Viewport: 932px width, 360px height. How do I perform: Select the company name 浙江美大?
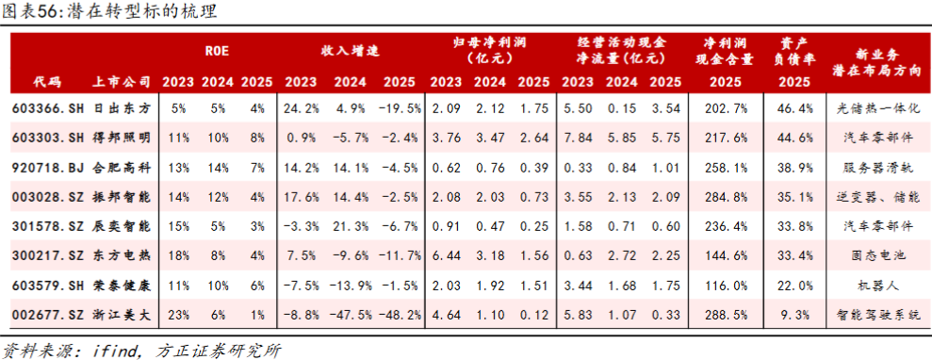coord(123,315)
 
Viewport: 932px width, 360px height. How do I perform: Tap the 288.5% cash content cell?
coord(724,315)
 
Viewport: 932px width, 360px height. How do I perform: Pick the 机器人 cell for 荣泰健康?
coord(876,286)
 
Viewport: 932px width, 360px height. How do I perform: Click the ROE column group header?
coord(217,51)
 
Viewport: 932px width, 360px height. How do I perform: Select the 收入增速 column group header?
coord(351,51)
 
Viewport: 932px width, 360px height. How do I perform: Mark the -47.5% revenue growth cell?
coord(350,315)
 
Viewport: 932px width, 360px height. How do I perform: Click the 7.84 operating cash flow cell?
coord(575,139)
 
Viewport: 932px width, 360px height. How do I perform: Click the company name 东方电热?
coord(123,256)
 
